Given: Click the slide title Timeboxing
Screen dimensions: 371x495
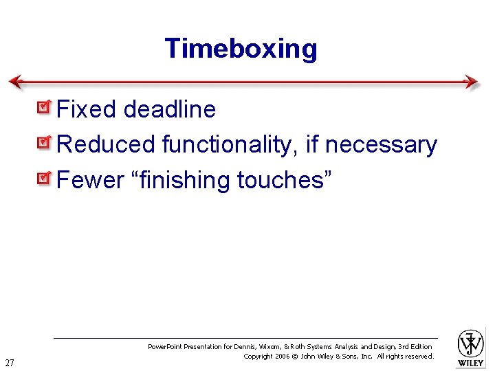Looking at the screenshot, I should [x=241, y=49].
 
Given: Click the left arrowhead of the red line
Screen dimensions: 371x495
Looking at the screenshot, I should [x=15, y=82].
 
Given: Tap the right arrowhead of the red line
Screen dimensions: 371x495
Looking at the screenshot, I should [x=472, y=82].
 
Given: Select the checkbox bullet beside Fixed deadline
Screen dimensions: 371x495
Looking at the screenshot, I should [x=44, y=108].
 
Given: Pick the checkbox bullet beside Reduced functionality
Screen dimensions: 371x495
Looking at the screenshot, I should [x=44, y=144].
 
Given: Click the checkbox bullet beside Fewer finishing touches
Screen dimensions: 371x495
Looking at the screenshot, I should [x=44, y=179].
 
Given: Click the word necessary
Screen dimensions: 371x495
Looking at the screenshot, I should [x=381, y=145].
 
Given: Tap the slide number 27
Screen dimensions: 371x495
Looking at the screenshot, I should [x=10, y=362].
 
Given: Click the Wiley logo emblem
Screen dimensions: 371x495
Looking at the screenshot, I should [x=471, y=343].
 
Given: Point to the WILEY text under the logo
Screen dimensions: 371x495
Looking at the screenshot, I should [x=471, y=363].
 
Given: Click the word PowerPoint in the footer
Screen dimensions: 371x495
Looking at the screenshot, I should [x=169, y=347].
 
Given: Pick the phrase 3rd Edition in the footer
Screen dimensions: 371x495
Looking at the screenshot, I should [x=415, y=347].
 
